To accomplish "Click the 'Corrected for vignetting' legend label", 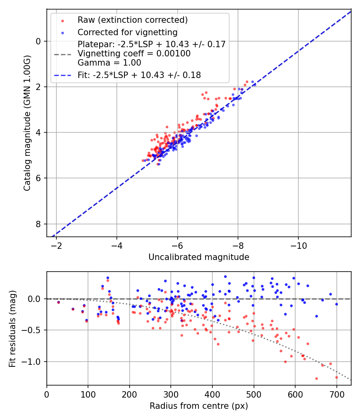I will (x=127, y=32).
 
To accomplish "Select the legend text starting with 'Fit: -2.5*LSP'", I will (x=139, y=75).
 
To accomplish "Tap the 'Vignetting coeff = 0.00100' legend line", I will (x=134, y=53).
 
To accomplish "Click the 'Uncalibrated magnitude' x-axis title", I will (x=199, y=257).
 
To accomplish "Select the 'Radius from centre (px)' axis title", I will (x=199, y=406).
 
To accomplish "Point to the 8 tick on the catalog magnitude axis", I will (x=38, y=224).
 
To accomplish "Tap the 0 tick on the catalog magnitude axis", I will (x=38, y=41).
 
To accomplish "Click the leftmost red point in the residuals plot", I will (x=58, y=302).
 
